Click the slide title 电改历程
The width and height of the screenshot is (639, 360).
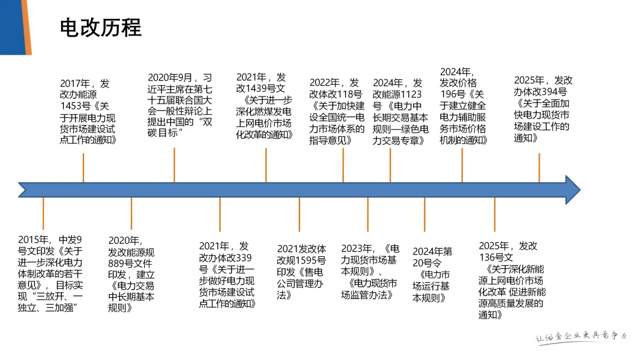pyautogui.click(x=101, y=28)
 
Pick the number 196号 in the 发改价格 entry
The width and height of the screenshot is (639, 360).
pyautogui.click(x=454, y=95)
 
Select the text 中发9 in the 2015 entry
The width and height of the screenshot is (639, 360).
pyautogui.click(x=70, y=240)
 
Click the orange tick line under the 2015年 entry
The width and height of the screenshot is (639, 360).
pyautogui.click(x=43, y=216)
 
